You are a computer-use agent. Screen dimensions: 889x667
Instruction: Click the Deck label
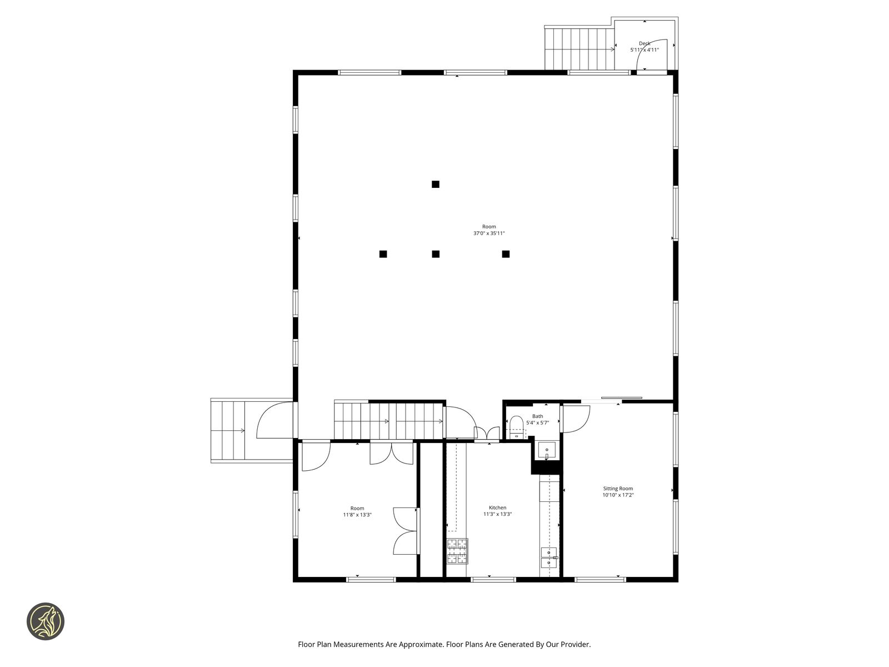click(x=644, y=43)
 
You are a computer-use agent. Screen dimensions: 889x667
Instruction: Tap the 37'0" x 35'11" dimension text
click(x=489, y=233)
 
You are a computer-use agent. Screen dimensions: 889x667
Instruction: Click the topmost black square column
click(x=436, y=185)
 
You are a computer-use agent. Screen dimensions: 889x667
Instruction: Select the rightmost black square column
click(x=506, y=254)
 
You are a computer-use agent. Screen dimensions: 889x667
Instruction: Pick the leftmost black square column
click(x=383, y=254)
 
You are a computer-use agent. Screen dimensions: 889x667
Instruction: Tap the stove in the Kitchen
click(x=457, y=551)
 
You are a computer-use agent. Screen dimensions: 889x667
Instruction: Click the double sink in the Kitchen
click(x=549, y=558)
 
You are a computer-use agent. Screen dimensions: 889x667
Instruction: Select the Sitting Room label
click(x=618, y=489)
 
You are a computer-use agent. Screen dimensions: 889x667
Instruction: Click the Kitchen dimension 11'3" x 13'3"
click(x=497, y=514)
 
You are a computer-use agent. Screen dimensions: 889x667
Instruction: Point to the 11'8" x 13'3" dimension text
click(x=357, y=515)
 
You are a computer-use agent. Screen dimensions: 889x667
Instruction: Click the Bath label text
click(x=537, y=416)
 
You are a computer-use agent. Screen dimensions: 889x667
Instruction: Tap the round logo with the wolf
click(x=46, y=621)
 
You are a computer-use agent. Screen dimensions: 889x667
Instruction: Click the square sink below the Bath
click(x=547, y=450)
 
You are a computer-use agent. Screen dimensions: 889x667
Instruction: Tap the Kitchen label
click(x=497, y=507)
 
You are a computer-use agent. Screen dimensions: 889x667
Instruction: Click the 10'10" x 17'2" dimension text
click(x=618, y=495)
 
